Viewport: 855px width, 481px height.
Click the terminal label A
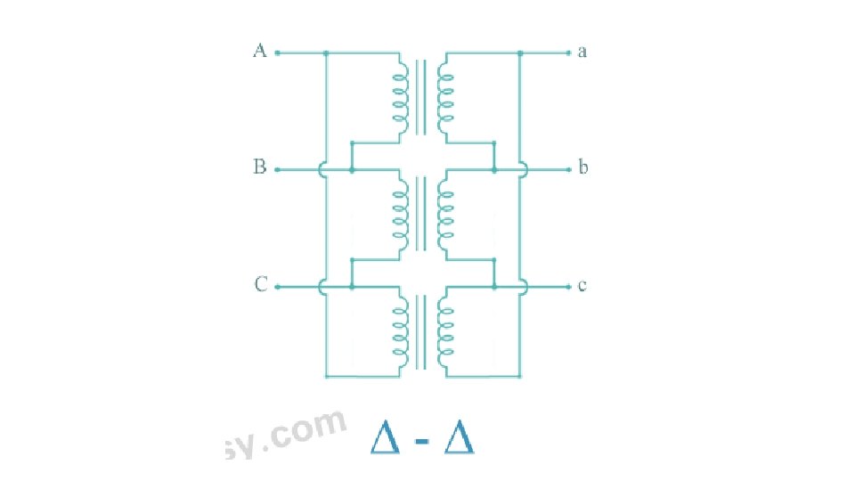pyautogui.click(x=259, y=51)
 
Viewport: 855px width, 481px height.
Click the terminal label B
pyautogui.click(x=259, y=167)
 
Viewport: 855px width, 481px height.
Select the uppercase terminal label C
pyautogui.click(x=260, y=285)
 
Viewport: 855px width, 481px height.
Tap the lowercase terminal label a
pyautogui.click(x=582, y=52)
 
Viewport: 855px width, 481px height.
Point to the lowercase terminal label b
pyautogui.click(x=583, y=167)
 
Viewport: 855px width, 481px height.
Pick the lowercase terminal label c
pyautogui.click(x=582, y=286)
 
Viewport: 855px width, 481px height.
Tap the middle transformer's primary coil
pyautogui.click(x=399, y=215)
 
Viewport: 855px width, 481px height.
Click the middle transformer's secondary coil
pyautogui.click(x=445, y=215)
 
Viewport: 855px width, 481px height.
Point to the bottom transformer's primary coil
pyautogui.click(x=399, y=330)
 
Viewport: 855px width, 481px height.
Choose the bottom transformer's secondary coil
pyautogui.click(x=445, y=330)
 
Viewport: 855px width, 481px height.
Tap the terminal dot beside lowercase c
pyautogui.click(x=568, y=287)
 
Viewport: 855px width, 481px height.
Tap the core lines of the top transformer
pyautogui.click(x=422, y=96)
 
